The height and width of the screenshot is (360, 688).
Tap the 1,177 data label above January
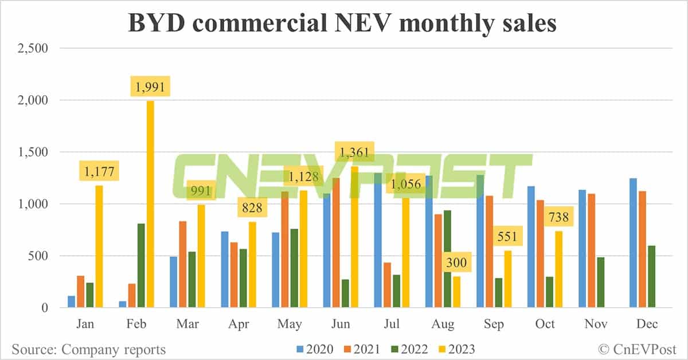100,173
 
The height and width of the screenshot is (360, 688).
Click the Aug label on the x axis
443,324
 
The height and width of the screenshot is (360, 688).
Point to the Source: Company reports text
88,349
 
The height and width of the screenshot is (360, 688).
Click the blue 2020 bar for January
72,302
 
